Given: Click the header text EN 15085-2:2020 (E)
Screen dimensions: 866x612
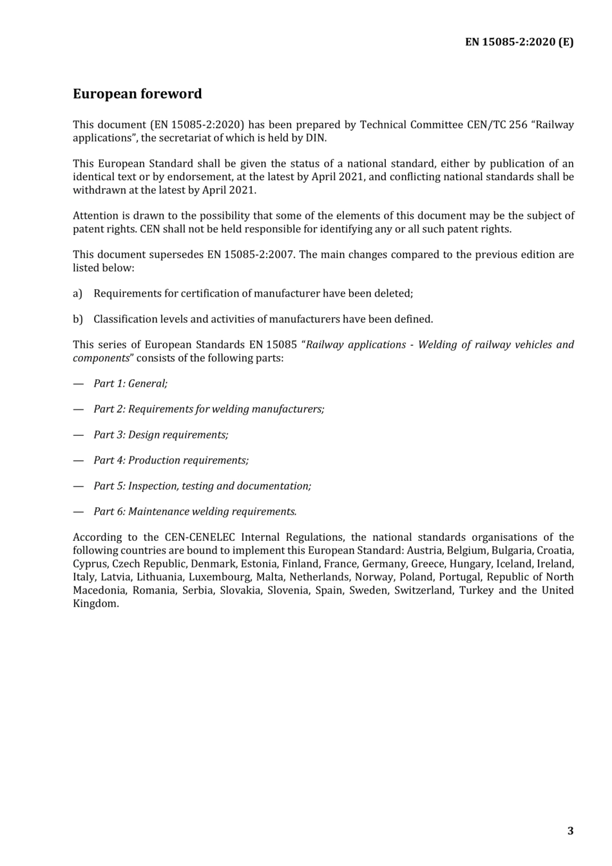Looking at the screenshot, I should [519, 42].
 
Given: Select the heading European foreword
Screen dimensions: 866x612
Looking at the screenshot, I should [137, 94].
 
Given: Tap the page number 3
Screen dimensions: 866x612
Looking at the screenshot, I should [570, 831].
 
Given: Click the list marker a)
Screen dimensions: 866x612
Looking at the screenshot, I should [77, 294].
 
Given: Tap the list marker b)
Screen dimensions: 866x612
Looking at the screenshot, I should [77, 319].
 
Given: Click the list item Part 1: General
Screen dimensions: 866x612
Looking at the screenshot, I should [130, 384].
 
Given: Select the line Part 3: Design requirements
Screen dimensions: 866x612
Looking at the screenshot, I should [161, 435].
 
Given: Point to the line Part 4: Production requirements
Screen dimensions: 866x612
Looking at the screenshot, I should [171, 460].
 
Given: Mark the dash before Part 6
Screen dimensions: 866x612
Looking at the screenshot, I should [79, 512].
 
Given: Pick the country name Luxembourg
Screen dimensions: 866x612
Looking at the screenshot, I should [219, 577].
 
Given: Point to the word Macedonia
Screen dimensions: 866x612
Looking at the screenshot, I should [99, 590].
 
